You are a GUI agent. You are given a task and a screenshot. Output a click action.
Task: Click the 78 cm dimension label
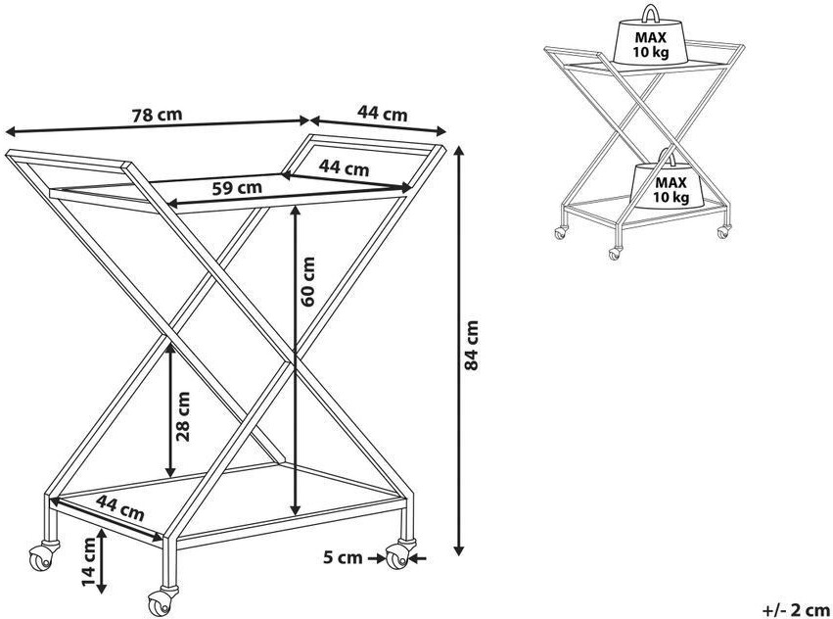(x=158, y=113)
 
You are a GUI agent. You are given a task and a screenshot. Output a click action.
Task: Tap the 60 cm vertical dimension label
(x=309, y=281)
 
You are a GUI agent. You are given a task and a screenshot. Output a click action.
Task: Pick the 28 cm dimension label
(x=182, y=418)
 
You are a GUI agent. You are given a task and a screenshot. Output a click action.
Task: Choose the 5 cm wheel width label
(x=343, y=559)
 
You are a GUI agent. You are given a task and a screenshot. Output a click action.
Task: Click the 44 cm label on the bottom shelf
(x=119, y=507)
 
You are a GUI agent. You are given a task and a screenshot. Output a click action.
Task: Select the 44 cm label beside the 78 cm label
(x=382, y=114)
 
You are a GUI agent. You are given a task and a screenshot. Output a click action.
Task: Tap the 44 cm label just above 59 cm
(x=344, y=168)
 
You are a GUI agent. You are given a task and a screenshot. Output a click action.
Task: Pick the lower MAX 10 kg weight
(x=670, y=186)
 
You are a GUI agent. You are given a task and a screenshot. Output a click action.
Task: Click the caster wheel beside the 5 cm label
(x=395, y=558)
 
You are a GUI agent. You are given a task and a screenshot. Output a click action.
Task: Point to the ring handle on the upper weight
(x=650, y=14)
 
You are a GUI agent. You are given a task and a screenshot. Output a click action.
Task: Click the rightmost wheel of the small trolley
(x=723, y=232)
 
